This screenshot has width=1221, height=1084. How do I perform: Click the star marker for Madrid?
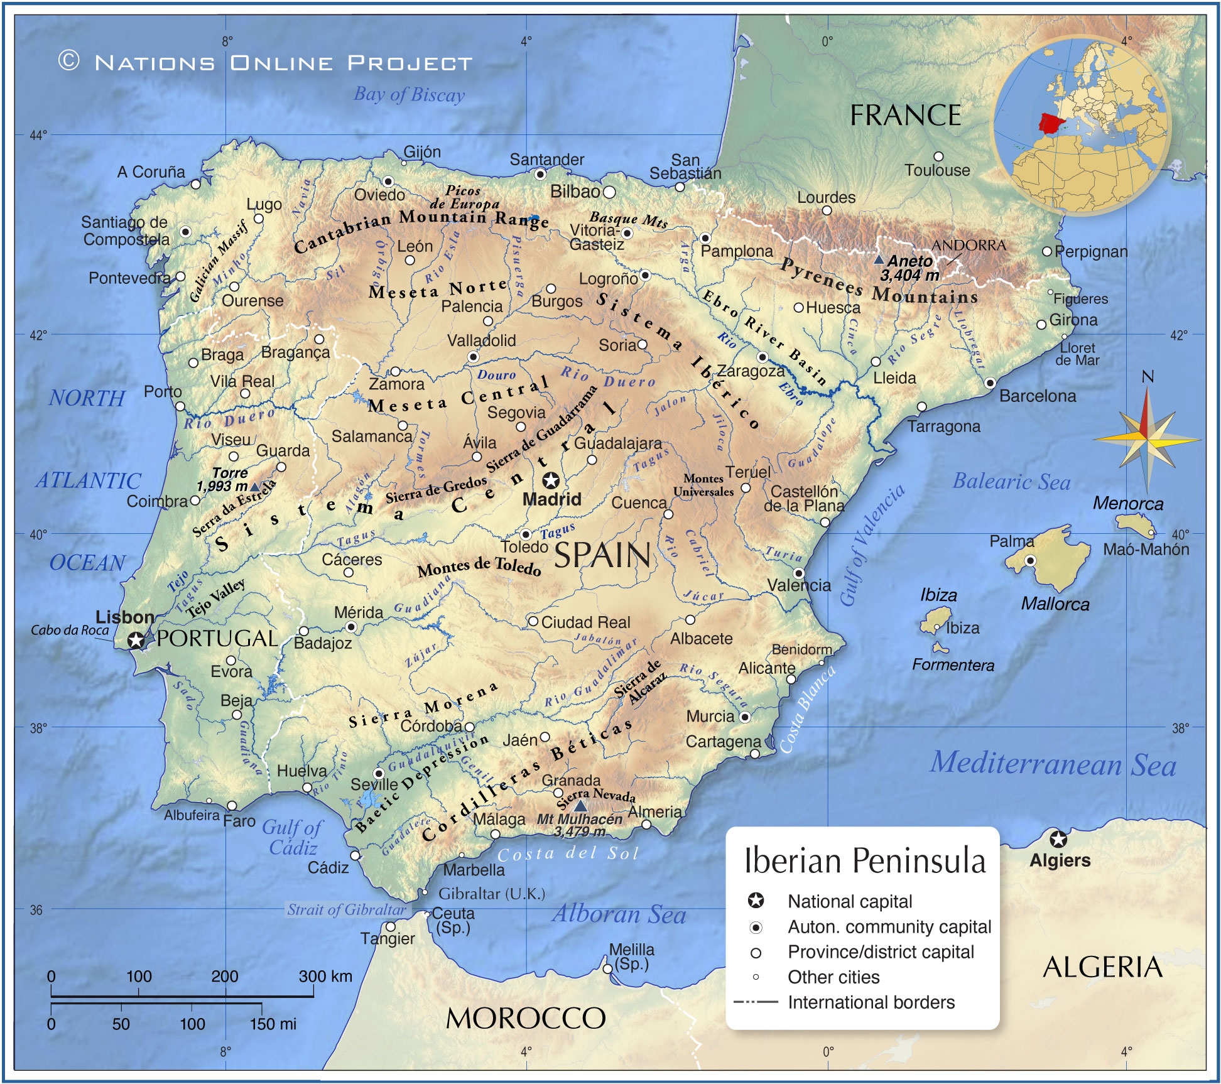[x=551, y=481]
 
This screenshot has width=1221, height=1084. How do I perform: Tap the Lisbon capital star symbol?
[x=136, y=641]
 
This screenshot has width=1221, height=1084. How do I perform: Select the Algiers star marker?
[x=1058, y=839]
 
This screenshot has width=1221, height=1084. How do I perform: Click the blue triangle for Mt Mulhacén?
[x=580, y=806]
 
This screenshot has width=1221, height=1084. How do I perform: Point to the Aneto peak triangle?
[x=879, y=259]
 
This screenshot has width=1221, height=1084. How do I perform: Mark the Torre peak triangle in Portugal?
[x=254, y=487]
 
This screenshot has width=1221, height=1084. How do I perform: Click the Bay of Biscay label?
[x=409, y=95]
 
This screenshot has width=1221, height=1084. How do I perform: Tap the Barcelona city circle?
[x=990, y=382]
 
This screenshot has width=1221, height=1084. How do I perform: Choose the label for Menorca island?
[x=1128, y=504]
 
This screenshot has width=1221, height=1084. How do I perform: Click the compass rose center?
[x=1147, y=439]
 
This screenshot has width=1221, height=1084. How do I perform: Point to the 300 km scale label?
[x=325, y=977]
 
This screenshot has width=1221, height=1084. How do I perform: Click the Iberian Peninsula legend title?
[x=864, y=861]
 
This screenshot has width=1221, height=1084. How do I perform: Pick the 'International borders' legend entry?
[x=871, y=1002]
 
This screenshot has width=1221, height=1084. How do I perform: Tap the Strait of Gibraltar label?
[x=347, y=909]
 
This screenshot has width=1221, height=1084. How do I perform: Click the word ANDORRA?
[x=969, y=246]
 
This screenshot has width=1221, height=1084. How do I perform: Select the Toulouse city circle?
[x=938, y=156]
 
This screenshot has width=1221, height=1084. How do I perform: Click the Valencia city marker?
[x=798, y=573]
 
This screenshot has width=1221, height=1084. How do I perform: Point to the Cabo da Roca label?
[x=70, y=631]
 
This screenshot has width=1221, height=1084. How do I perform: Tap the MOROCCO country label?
[x=526, y=1018]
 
